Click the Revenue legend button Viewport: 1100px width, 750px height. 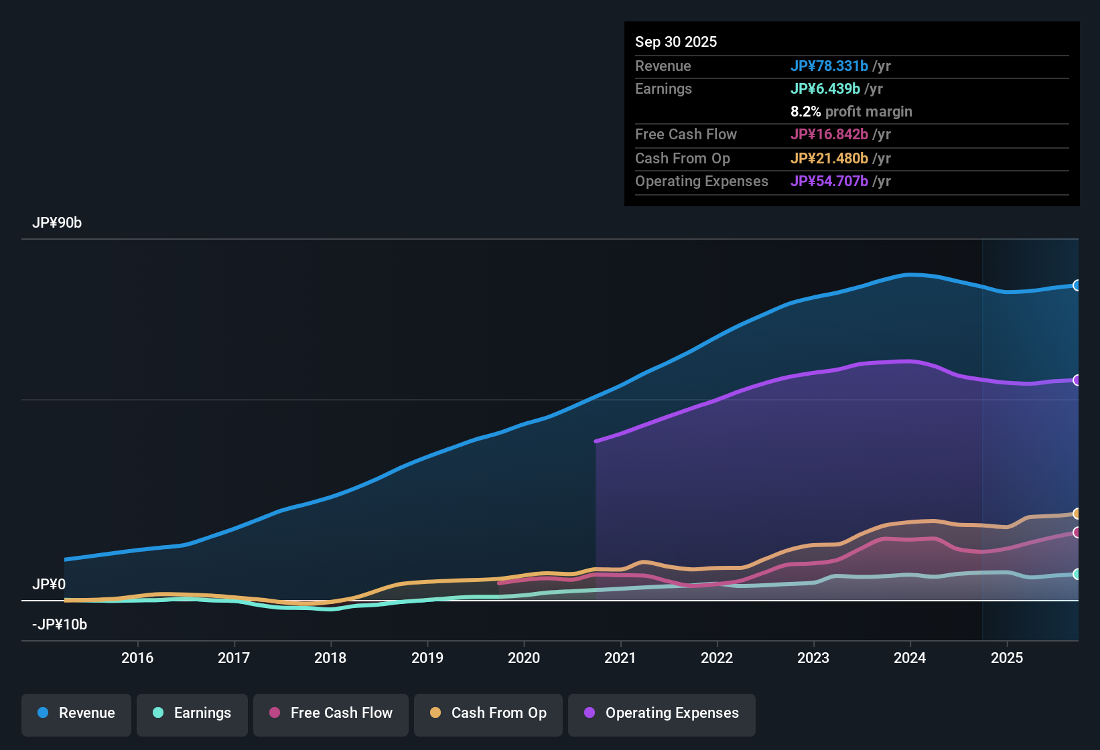click(76, 713)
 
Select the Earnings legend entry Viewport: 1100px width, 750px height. click(192, 713)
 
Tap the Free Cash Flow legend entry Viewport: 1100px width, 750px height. click(331, 713)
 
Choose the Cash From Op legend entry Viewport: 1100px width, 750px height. click(488, 713)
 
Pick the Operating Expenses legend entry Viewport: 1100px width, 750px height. click(662, 713)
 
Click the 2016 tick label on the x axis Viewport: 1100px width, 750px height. click(137, 658)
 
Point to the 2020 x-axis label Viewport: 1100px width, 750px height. click(524, 658)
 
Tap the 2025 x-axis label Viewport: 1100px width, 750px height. click(1006, 658)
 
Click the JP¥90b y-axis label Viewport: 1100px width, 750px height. click(57, 223)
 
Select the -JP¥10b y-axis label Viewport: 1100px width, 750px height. click(60, 625)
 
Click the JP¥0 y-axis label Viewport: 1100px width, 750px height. click(49, 585)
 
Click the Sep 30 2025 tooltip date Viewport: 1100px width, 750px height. click(675, 42)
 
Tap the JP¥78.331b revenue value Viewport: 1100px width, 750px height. click(829, 66)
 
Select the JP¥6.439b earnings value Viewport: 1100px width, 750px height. click(825, 89)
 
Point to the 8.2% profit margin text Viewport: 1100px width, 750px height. click(851, 112)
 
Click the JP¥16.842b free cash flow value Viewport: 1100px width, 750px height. click(829, 135)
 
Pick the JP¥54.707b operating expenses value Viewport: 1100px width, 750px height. click(829, 181)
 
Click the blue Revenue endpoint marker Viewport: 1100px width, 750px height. click(1077, 285)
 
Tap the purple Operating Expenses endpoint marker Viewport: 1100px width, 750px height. click(1077, 380)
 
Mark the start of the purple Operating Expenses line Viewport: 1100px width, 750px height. click(596, 441)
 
